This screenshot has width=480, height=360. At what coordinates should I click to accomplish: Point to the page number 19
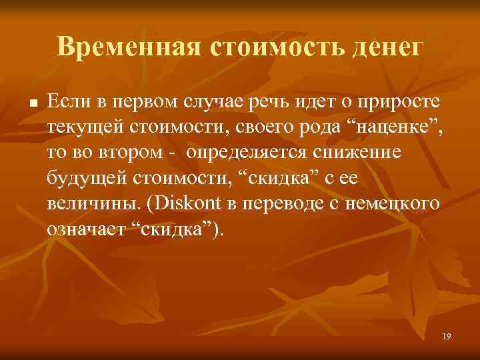446,337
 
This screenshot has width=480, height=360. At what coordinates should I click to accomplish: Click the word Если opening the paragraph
65,102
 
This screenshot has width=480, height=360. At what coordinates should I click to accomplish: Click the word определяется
244,153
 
